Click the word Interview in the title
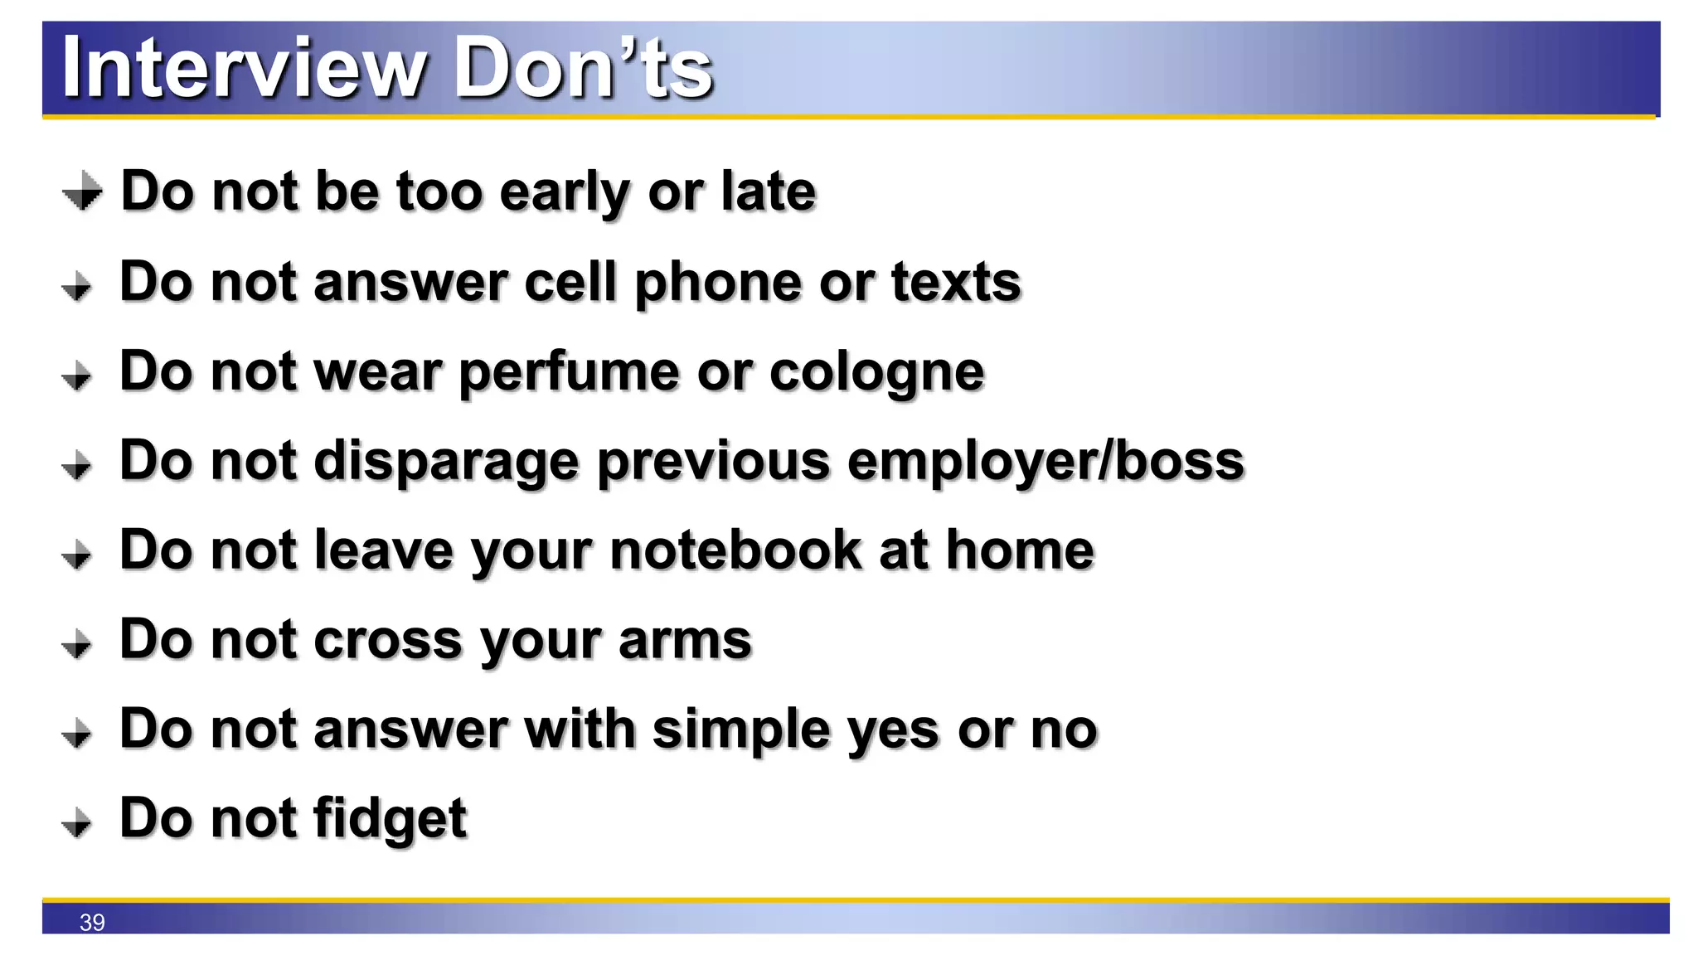coord(243,68)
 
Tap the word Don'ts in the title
coord(583,68)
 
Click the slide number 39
coord(92,922)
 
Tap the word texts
coord(956,283)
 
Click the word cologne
coord(876,372)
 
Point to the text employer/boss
coord(1045,462)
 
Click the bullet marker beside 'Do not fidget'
coord(77,822)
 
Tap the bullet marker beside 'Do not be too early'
coord(82,191)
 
